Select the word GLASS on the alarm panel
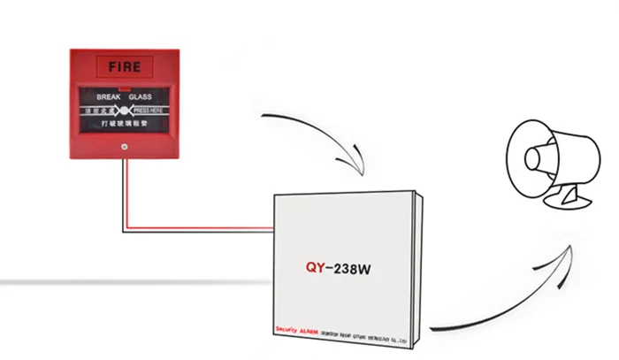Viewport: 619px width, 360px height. click(141, 96)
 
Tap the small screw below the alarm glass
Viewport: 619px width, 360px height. click(124, 146)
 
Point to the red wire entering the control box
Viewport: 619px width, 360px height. click(221, 226)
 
